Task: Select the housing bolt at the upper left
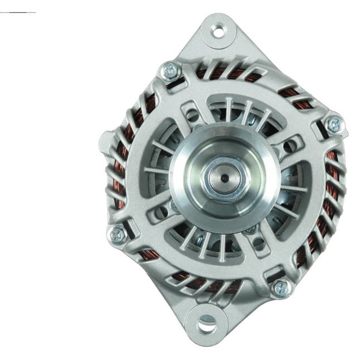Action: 170,71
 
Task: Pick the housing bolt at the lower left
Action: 118,233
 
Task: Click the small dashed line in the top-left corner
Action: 18,11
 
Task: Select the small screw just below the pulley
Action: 252,229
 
